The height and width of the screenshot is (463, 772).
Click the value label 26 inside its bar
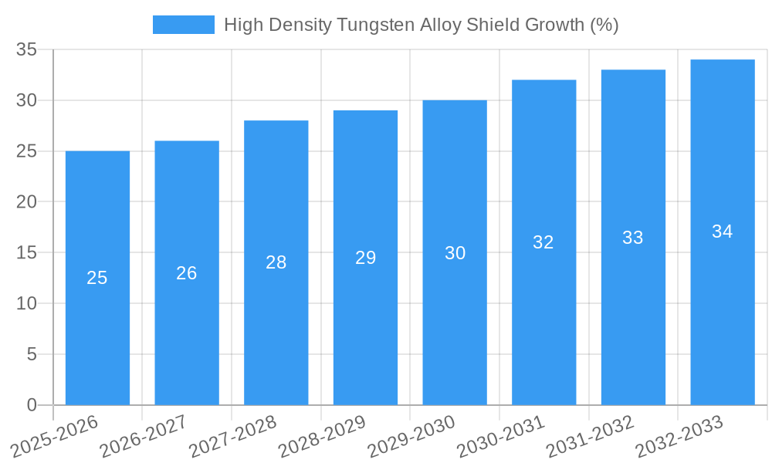pos(187,273)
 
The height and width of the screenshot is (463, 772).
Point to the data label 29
pos(366,258)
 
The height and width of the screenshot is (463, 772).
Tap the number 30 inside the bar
pos(455,253)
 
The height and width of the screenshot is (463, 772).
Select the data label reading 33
pos(633,238)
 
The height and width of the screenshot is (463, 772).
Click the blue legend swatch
pos(184,25)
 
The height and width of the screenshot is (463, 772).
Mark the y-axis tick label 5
pos(32,354)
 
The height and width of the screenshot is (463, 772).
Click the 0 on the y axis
pos(32,405)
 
